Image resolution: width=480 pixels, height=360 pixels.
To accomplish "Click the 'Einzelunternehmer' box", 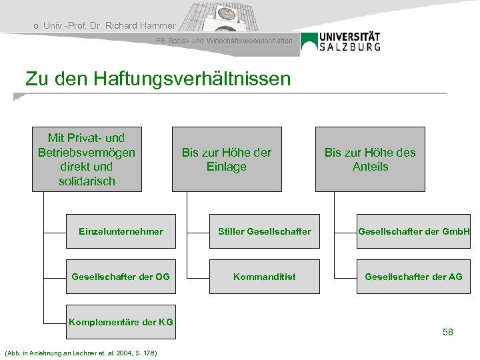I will click(120, 231).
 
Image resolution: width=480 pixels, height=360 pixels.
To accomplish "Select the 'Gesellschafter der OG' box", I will click(120, 276).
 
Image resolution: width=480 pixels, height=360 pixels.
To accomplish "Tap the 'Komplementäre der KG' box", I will click(120, 322).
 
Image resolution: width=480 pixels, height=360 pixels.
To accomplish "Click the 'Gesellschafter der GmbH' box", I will click(413, 231).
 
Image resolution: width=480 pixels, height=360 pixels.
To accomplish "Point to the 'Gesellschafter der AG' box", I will click(413, 276).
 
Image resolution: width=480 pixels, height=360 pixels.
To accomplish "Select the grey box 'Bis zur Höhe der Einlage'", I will click(227, 159).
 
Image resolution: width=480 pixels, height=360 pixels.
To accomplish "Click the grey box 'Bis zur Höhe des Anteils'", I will click(370, 159).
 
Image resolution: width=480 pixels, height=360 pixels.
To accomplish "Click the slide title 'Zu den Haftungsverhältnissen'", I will click(158, 79).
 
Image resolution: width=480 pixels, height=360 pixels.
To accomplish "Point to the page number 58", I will click(447, 331).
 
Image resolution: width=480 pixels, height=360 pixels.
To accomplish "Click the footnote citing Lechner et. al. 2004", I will click(80, 352).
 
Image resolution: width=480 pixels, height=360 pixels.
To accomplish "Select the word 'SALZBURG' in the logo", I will click(349, 47).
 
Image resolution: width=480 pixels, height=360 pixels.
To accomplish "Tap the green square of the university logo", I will click(309, 42).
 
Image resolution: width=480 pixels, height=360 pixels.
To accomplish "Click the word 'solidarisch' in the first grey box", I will click(87, 181).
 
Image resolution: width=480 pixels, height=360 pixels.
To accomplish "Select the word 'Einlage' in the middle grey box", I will click(227, 167).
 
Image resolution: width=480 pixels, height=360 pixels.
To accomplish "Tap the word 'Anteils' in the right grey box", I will click(370, 167).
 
